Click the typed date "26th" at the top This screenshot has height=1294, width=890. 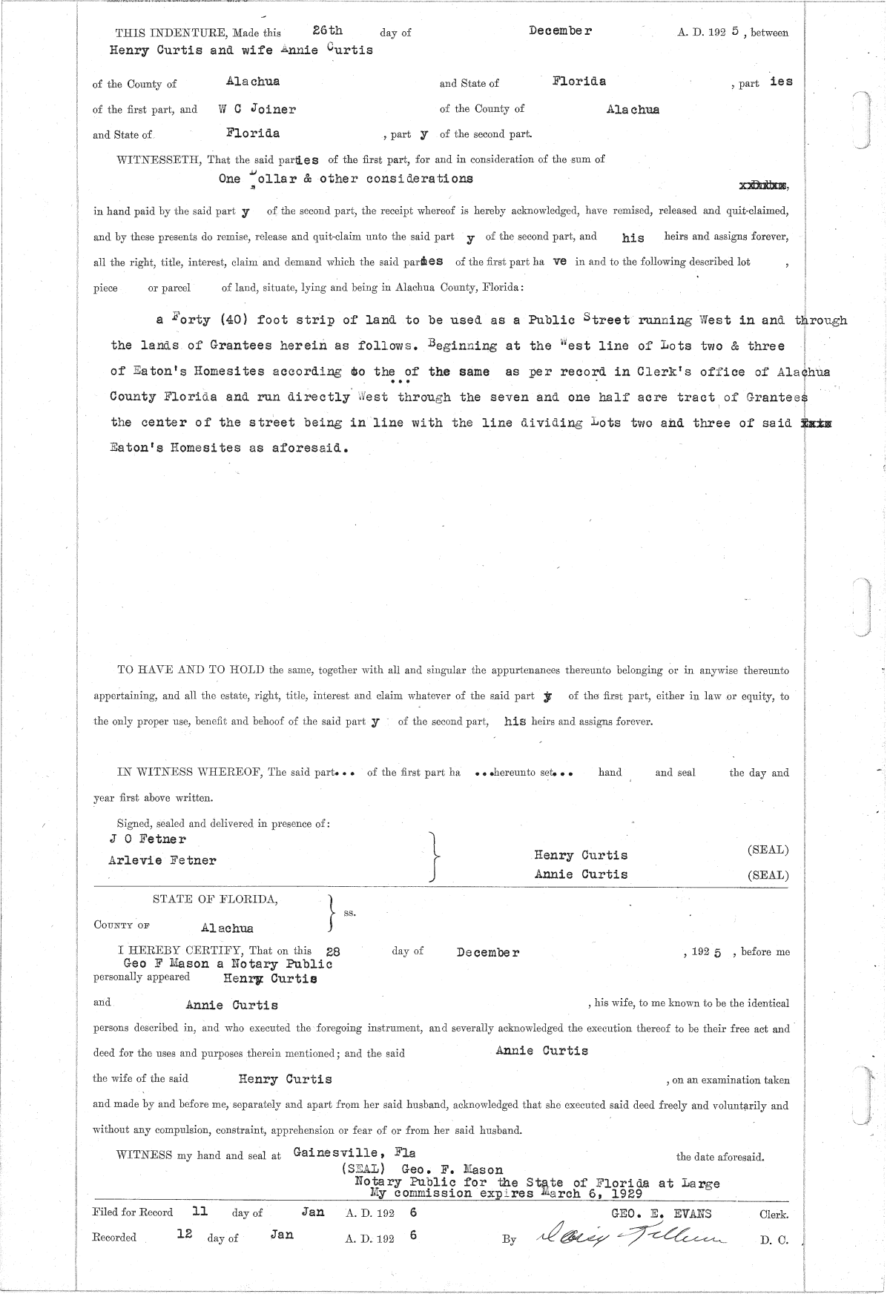click(x=327, y=31)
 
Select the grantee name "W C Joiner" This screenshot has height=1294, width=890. click(x=257, y=109)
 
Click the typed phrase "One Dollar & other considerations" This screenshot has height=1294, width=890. click(x=346, y=179)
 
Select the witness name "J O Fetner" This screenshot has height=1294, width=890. click(x=148, y=839)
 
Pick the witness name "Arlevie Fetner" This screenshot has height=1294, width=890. click(x=162, y=861)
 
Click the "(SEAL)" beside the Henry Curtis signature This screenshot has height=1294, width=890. click(x=768, y=850)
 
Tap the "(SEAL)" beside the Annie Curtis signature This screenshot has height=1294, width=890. click(x=768, y=875)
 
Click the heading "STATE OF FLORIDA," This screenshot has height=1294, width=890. click(x=215, y=899)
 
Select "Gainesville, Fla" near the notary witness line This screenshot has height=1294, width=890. click(x=354, y=1152)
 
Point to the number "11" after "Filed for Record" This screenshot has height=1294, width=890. click(x=200, y=1212)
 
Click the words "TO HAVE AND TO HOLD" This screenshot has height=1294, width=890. click(x=191, y=670)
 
